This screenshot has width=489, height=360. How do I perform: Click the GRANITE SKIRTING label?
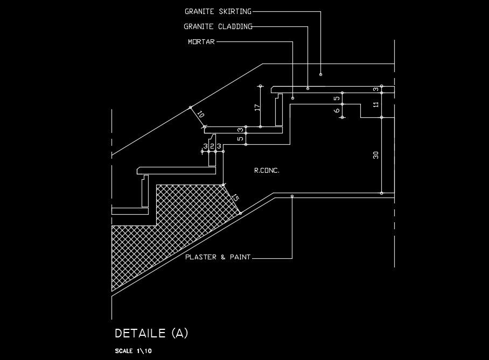[218, 11]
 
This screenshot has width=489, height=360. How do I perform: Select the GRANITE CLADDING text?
[218, 26]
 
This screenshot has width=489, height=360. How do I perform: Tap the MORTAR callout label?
[201, 41]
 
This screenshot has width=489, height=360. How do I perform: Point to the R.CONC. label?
[267, 171]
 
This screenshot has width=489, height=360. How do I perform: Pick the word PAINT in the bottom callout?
[240, 257]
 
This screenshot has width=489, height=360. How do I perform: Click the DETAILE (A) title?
[151, 334]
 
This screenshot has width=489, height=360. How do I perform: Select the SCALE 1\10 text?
[134, 351]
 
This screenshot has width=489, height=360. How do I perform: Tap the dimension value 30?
[376, 155]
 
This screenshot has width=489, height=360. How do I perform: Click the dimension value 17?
[257, 107]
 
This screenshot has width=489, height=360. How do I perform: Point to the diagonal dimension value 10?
[200, 114]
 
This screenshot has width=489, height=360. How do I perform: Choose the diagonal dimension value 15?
[235, 199]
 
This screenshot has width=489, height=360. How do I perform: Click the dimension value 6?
[337, 111]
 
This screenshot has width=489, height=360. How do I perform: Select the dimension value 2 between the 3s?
[212, 146]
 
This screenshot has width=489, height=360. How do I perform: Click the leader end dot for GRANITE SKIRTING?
[320, 74]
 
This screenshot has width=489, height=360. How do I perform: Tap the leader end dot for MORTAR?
[292, 98]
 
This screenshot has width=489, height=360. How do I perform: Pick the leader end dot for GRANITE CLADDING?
[308, 88]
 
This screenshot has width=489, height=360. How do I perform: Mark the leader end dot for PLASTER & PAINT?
[292, 196]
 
